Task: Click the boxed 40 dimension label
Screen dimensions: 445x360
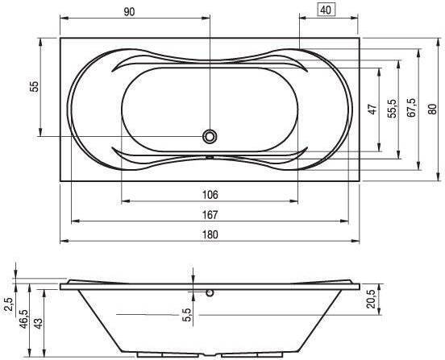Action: (x=326, y=10)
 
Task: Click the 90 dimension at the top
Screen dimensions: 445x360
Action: (x=129, y=12)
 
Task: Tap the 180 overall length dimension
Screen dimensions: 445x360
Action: (x=210, y=234)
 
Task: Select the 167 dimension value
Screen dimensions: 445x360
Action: (x=210, y=215)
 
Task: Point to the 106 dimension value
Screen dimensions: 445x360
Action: (x=210, y=195)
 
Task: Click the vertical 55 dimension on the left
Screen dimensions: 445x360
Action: (x=34, y=86)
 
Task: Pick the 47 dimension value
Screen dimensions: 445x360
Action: (x=373, y=110)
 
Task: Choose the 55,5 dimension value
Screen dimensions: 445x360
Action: (x=393, y=109)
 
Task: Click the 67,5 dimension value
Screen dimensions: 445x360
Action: (x=411, y=108)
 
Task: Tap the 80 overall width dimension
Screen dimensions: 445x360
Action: (x=432, y=110)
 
